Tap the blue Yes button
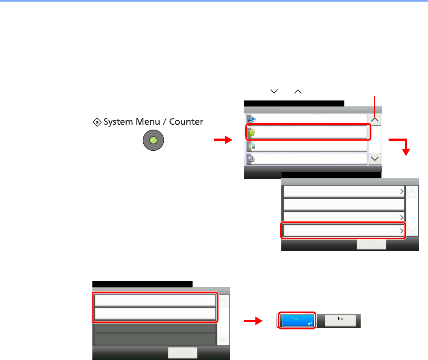pos(296,321)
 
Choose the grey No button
pos(340,321)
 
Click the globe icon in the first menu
pos(251,119)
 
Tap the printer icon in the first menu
pos(251,159)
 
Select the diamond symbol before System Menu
pos(97,121)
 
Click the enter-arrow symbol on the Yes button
pos(310,323)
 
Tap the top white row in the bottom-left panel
pos(155,300)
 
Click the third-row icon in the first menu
pos(251,146)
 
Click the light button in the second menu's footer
pos(371,244)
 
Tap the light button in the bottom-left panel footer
pos(183,353)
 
